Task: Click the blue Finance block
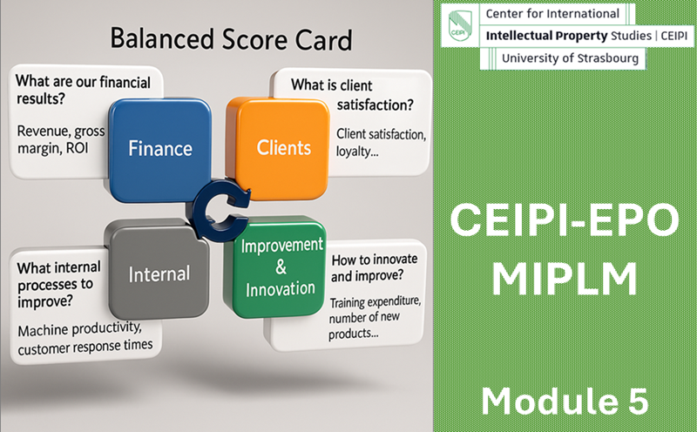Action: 160,150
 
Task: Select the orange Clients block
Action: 278,149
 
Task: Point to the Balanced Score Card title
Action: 231,39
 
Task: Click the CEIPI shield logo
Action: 460,25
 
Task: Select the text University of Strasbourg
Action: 570,58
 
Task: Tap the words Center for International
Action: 552,14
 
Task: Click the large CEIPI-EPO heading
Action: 565,220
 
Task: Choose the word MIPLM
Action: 565,279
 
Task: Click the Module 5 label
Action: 565,402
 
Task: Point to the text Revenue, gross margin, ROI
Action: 61,139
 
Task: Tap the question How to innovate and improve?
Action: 375,267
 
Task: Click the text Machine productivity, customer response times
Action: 85,338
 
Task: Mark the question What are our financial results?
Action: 83,91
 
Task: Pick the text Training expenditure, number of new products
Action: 375,318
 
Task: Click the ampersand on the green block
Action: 281,267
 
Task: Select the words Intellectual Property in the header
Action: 546,36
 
